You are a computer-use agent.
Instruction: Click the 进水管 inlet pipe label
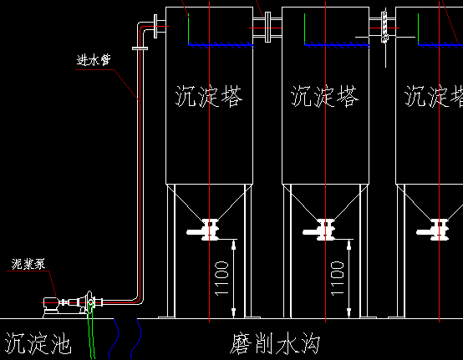pos(93,60)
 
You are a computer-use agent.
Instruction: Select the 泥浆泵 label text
pos(29,265)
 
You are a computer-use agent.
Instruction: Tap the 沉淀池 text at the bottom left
pos(38,343)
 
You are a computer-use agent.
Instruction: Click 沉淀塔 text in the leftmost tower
pos(210,97)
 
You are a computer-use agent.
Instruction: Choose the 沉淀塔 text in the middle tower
pos(324,97)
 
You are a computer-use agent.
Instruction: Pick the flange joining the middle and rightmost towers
pos(383,27)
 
